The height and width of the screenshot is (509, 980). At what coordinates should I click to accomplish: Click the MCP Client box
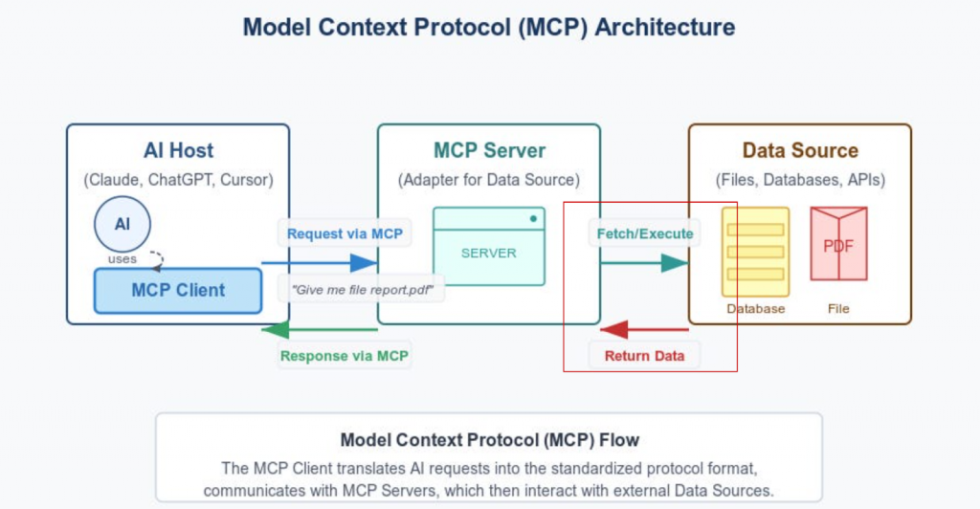[x=178, y=290]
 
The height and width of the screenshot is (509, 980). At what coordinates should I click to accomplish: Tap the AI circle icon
[x=122, y=224]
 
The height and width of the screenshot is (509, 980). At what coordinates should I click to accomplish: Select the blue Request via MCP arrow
[x=320, y=262]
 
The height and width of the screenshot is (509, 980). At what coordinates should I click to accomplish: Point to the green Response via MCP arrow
[x=320, y=331]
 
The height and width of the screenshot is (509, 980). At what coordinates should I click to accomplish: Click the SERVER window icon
[x=488, y=246]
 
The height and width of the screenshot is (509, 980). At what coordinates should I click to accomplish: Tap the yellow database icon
[x=755, y=252]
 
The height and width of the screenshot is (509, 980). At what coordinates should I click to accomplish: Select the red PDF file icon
[x=838, y=244]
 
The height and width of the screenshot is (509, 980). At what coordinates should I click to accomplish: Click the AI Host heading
[x=178, y=150]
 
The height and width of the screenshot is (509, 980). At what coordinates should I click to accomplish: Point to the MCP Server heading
[x=488, y=150]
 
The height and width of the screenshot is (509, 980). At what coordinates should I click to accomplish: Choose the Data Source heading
[x=800, y=150]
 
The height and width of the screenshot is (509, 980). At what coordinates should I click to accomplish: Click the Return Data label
[x=644, y=356]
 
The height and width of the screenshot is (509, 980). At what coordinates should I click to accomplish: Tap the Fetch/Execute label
[x=644, y=233]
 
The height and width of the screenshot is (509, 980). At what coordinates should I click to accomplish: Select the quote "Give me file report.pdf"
[x=362, y=288]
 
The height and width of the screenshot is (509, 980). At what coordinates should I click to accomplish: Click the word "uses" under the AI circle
[x=122, y=258]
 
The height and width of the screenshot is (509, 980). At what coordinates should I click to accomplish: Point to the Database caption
[x=755, y=309]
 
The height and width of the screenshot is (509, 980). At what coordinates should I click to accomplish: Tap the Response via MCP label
[x=344, y=356]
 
